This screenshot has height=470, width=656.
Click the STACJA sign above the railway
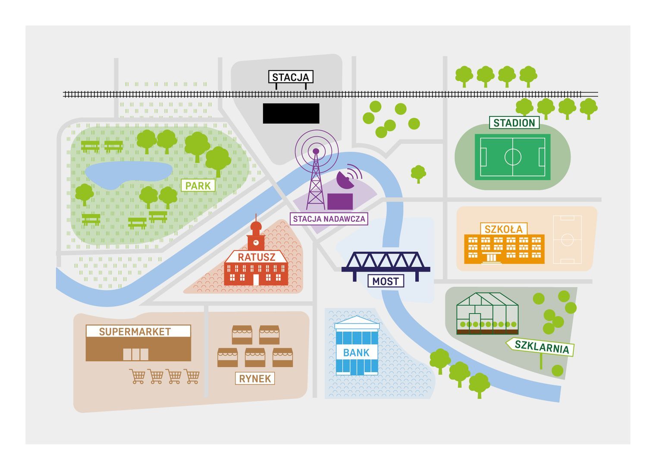(291, 77)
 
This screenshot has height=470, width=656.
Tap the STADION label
(514, 123)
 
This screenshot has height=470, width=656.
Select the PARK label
(198, 186)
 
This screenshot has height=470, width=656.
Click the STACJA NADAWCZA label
(329, 219)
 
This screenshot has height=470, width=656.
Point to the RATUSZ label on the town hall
(256, 257)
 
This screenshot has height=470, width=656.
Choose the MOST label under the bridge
(386, 281)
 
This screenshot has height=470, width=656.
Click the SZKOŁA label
(504, 229)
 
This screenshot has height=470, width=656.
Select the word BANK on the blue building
(356, 353)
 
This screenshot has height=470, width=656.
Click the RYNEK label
(255, 379)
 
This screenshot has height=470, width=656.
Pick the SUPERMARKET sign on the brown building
(135, 332)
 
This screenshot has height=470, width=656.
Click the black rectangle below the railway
(291, 113)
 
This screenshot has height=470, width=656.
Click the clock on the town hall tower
(256, 243)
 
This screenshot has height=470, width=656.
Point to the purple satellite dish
(345, 180)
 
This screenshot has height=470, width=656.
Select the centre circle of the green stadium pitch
(513, 157)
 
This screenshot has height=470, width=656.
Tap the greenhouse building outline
(487, 313)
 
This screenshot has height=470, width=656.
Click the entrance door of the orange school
(491, 257)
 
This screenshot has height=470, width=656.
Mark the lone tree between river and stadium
(418, 174)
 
